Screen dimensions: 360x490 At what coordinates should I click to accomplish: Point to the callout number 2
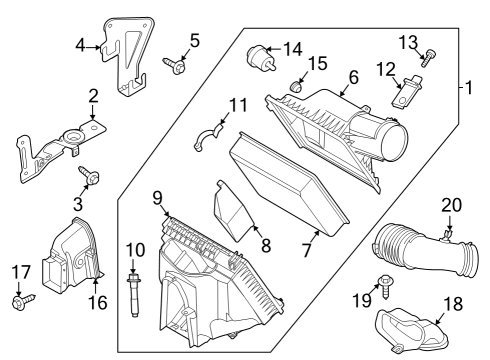[93, 96]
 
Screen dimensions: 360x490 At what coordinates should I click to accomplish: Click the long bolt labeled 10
[135, 297]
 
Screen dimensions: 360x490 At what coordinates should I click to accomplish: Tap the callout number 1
[466, 88]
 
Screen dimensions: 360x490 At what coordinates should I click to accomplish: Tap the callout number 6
[352, 76]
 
